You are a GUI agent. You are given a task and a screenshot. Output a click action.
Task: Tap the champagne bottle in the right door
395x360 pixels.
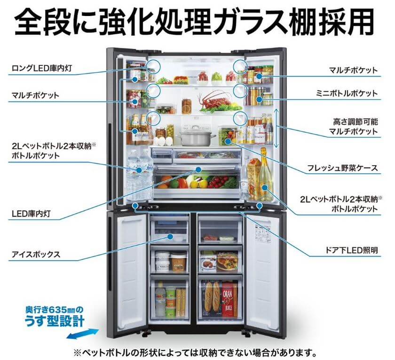tap(265, 176)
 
